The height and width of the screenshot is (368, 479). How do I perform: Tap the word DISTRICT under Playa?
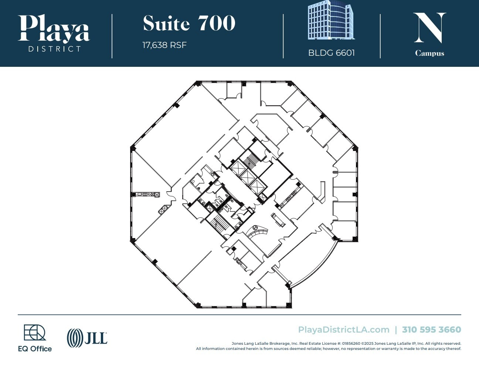(x=54, y=49)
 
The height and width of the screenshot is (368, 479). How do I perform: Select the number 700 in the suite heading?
(x=217, y=24)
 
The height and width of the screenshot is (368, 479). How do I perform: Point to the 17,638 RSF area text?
(x=164, y=45)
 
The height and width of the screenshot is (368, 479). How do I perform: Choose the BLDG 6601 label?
(x=331, y=53)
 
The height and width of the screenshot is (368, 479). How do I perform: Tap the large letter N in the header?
(x=429, y=28)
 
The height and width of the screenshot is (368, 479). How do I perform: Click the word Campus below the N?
(x=429, y=53)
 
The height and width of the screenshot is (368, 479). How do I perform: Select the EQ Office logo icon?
(x=35, y=332)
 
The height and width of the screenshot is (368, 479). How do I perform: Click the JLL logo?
(x=87, y=338)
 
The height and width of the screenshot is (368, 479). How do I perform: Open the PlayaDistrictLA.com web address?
(x=344, y=330)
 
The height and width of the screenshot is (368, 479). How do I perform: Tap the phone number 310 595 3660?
(x=431, y=330)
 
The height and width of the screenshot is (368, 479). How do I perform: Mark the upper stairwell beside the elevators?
(x=252, y=159)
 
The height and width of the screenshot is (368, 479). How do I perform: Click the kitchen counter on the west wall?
(x=146, y=195)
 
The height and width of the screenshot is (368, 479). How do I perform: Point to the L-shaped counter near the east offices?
(x=322, y=192)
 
